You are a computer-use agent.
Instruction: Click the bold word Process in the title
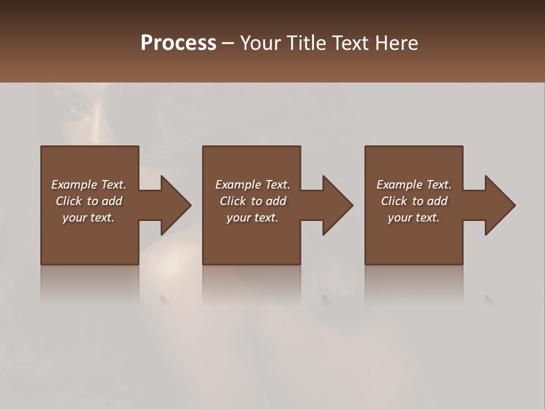click(178, 43)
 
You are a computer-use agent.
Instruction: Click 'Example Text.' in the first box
click(89, 185)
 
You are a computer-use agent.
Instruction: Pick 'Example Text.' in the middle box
click(253, 185)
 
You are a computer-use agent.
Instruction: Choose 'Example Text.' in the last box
click(414, 185)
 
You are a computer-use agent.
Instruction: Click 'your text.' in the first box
click(89, 218)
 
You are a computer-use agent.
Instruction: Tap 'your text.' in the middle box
click(253, 218)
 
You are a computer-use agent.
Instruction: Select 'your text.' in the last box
click(414, 218)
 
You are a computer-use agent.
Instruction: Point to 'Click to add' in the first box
click(89, 201)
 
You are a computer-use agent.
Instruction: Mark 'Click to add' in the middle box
click(253, 201)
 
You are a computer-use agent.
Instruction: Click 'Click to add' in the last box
click(414, 201)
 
